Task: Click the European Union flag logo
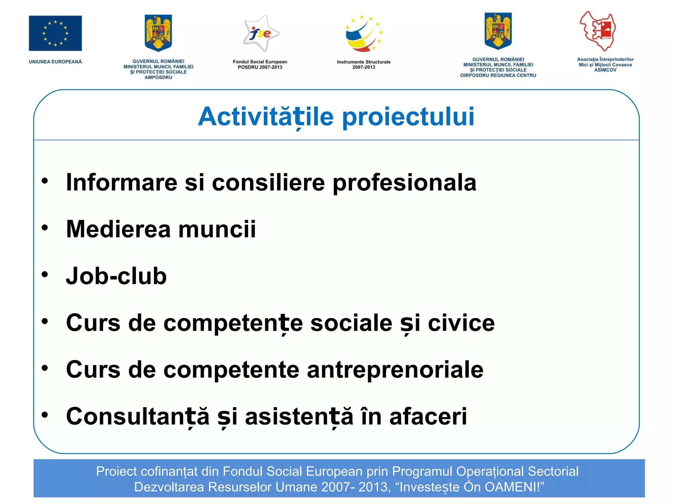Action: (x=55, y=33)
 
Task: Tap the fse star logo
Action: (x=261, y=33)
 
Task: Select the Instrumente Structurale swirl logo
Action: (x=364, y=33)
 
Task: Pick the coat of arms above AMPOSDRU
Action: (x=158, y=33)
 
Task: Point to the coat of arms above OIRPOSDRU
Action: (x=498, y=31)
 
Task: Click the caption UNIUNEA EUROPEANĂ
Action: (x=55, y=62)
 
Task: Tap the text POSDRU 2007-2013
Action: (x=260, y=67)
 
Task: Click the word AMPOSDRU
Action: (x=158, y=77)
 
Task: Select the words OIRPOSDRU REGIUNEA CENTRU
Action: (x=498, y=75)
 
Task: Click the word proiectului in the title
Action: (x=408, y=116)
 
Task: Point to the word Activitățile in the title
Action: (x=266, y=116)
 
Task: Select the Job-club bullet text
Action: (x=116, y=276)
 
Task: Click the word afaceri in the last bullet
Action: (x=428, y=416)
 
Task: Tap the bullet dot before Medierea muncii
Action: (x=45, y=227)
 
